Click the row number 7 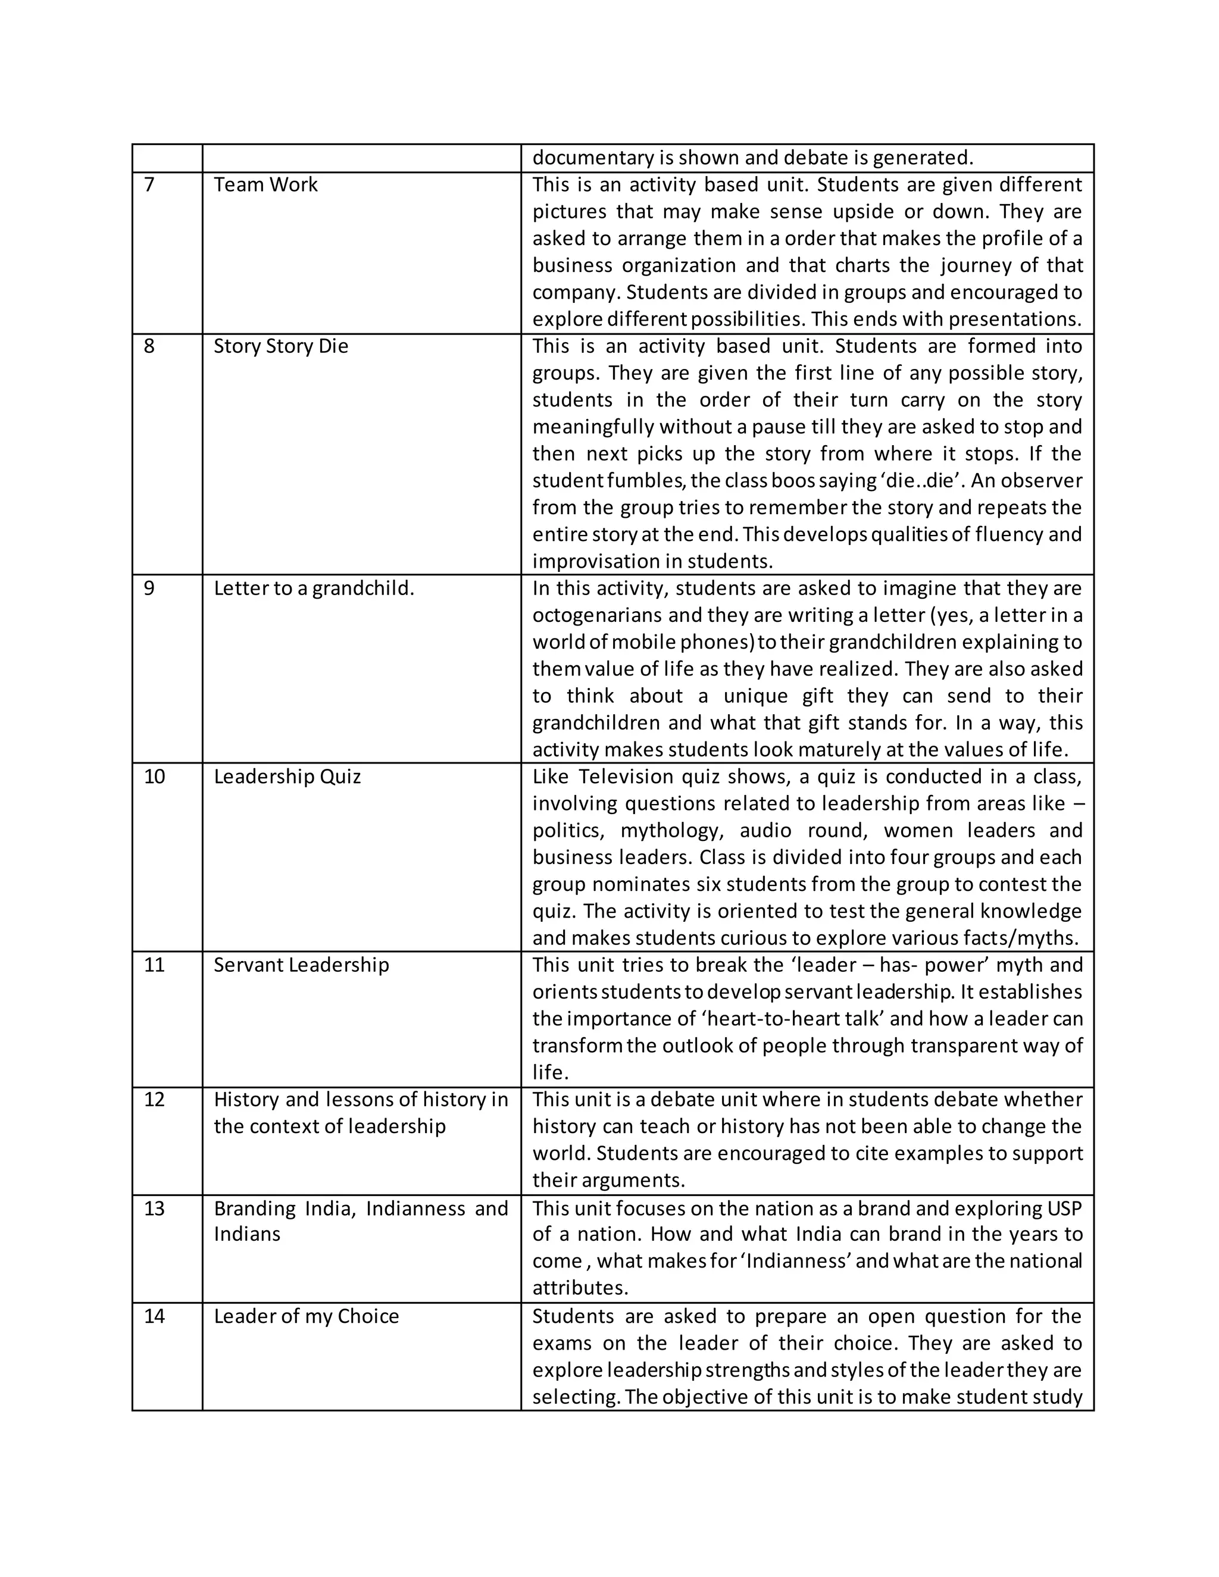pyautogui.click(x=149, y=185)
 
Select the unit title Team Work pyautogui.click(x=265, y=185)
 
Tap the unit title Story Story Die pyautogui.click(x=281, y=346)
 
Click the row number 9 pyautogui.click(x=149, y=589)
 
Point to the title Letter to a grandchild pyautogui.click(x=314, y=589)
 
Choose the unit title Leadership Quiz pyautogui.click(x=287, y=777)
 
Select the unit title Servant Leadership pyautogui.click(x=301, y=965)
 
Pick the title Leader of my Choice pyautogui.click(x=306, y=1316)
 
